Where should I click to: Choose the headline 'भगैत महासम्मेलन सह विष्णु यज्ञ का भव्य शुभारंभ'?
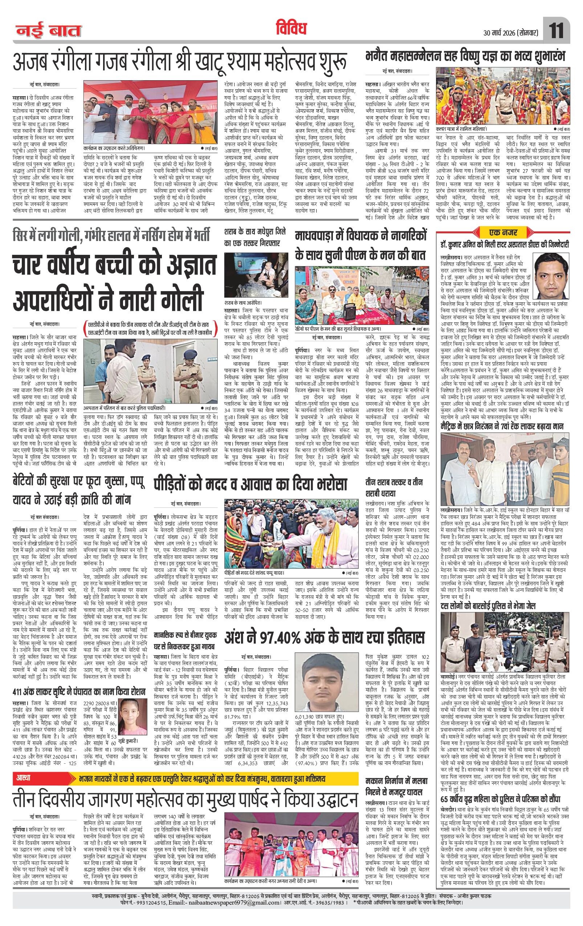[x=465, y=58]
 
